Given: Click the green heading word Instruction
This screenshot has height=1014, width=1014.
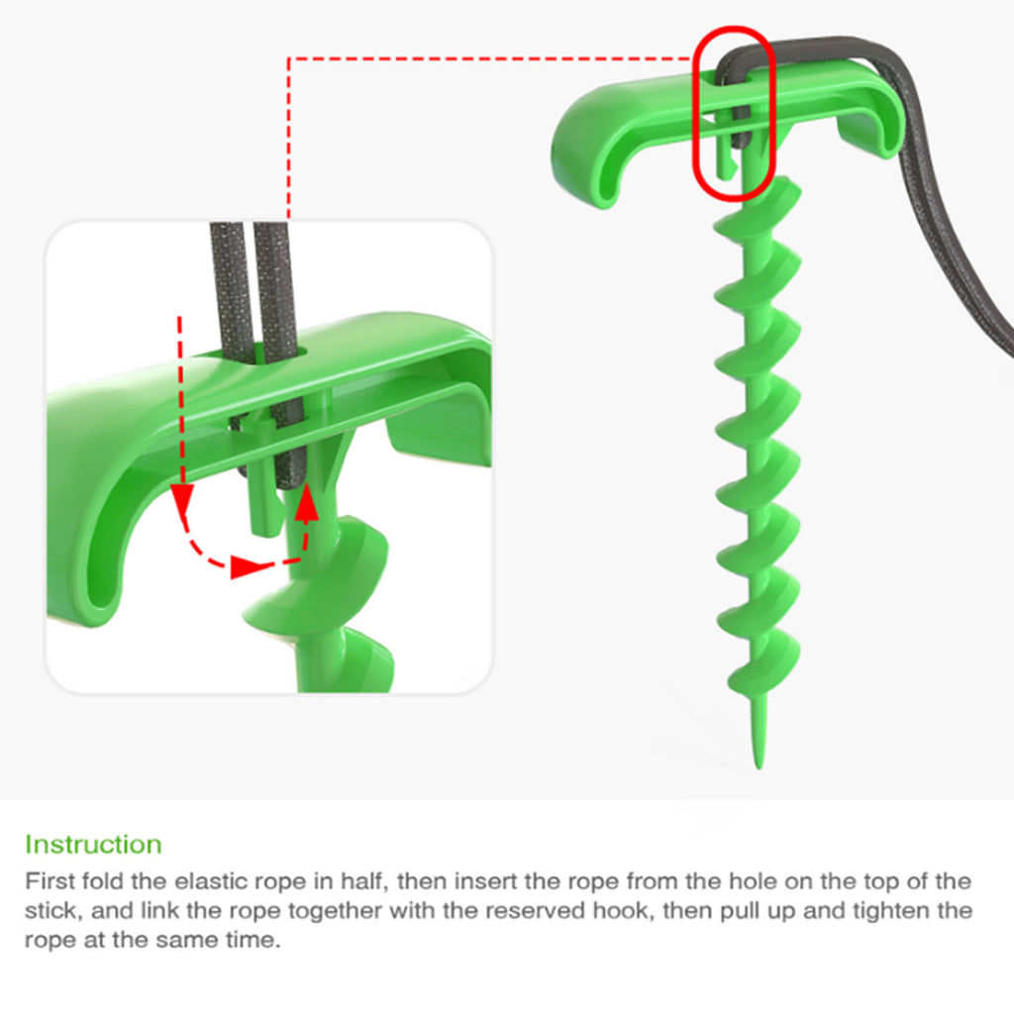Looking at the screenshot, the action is (93, 845).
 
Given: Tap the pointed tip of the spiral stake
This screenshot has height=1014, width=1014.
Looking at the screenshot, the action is (759, 767).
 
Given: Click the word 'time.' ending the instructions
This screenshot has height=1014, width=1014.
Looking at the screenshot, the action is (254, 940).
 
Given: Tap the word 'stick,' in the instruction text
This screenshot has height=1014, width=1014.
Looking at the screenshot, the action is (53, 911).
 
